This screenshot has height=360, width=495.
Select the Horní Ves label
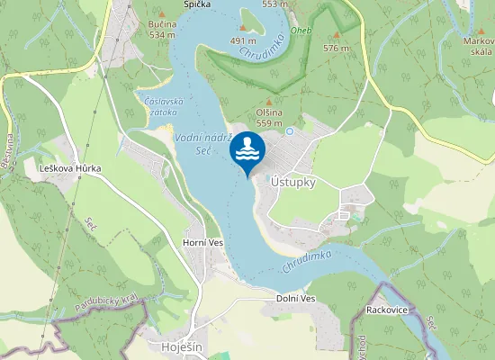[x=202, y=243]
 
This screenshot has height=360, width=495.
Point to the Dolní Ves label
[x=295, y=299]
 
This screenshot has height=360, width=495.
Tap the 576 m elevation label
[x=336, y=48]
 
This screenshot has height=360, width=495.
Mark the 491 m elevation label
[x=244, y=40]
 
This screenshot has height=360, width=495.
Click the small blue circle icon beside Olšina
[x=290, y=130]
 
